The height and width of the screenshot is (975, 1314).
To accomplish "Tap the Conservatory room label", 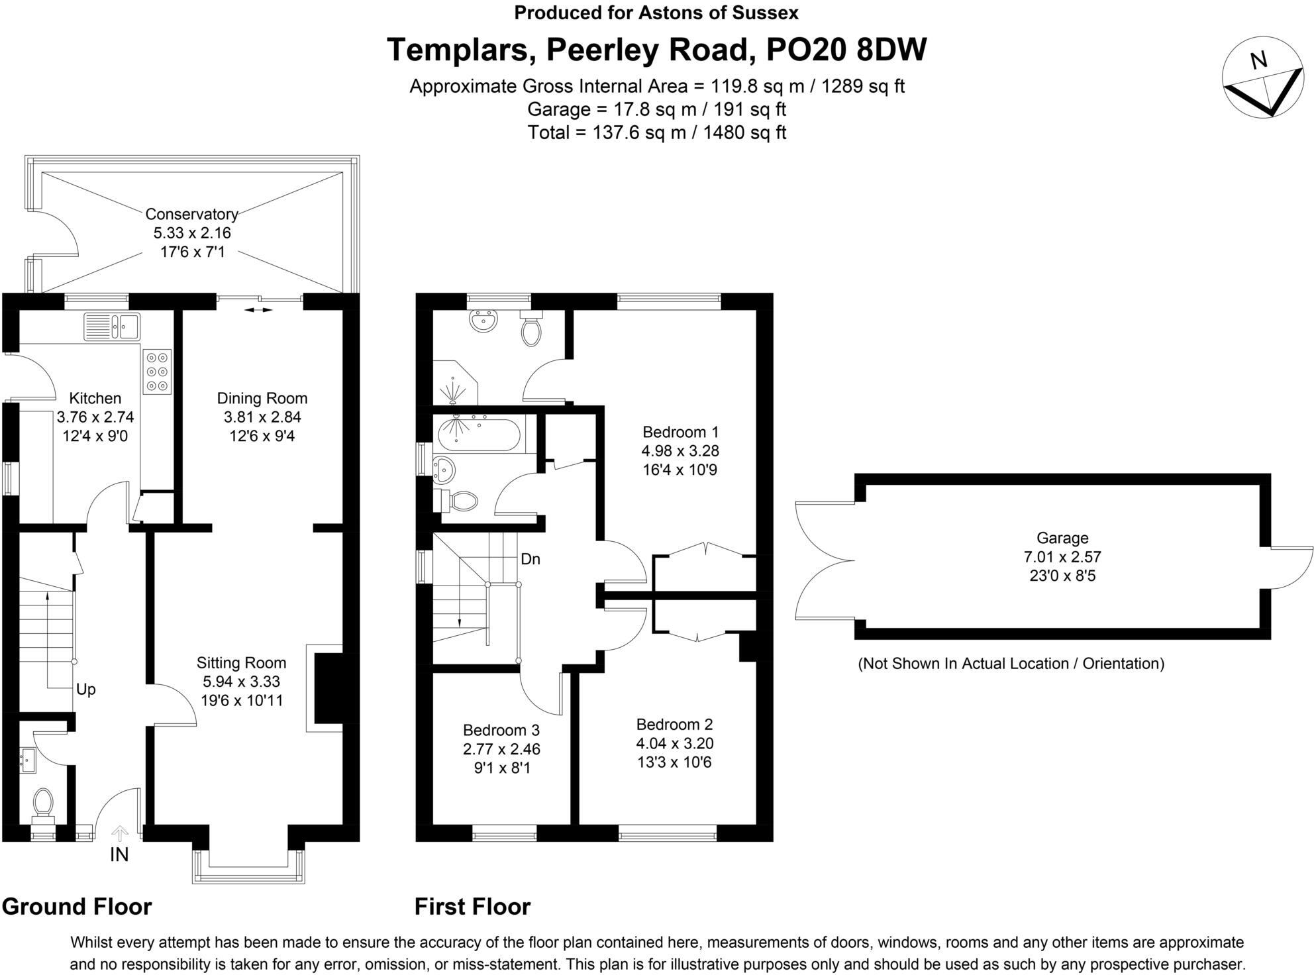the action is click(191, 214).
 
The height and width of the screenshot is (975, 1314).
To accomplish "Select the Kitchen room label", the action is click(95, 398).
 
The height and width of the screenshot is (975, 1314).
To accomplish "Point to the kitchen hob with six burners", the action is click(157, 372).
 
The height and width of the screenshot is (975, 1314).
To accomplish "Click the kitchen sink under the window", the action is click(112, 327).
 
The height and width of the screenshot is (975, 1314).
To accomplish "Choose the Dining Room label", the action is click(262, 398).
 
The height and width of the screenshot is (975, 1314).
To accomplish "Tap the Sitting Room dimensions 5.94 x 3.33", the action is click(241, 682).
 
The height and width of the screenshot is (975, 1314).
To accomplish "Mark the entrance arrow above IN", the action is click(119, 833).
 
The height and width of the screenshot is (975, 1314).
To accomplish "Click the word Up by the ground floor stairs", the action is click(86, 690).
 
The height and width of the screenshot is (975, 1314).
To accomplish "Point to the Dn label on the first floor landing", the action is click(531, 559).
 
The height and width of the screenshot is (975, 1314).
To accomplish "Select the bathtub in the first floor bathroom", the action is click(479, 434).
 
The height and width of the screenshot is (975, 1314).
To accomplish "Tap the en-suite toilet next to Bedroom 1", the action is click(531, 329).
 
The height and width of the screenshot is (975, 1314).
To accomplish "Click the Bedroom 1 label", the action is click(680, 432).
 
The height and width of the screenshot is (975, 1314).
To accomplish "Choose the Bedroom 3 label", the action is click(501, 730).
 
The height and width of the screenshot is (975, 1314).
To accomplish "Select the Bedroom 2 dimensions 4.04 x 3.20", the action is click(675, 743).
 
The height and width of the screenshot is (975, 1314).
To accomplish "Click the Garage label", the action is click(1062, 539).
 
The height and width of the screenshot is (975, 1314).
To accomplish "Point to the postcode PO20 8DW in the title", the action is click(846, 49).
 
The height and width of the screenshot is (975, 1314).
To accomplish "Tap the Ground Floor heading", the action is click(77, 906).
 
